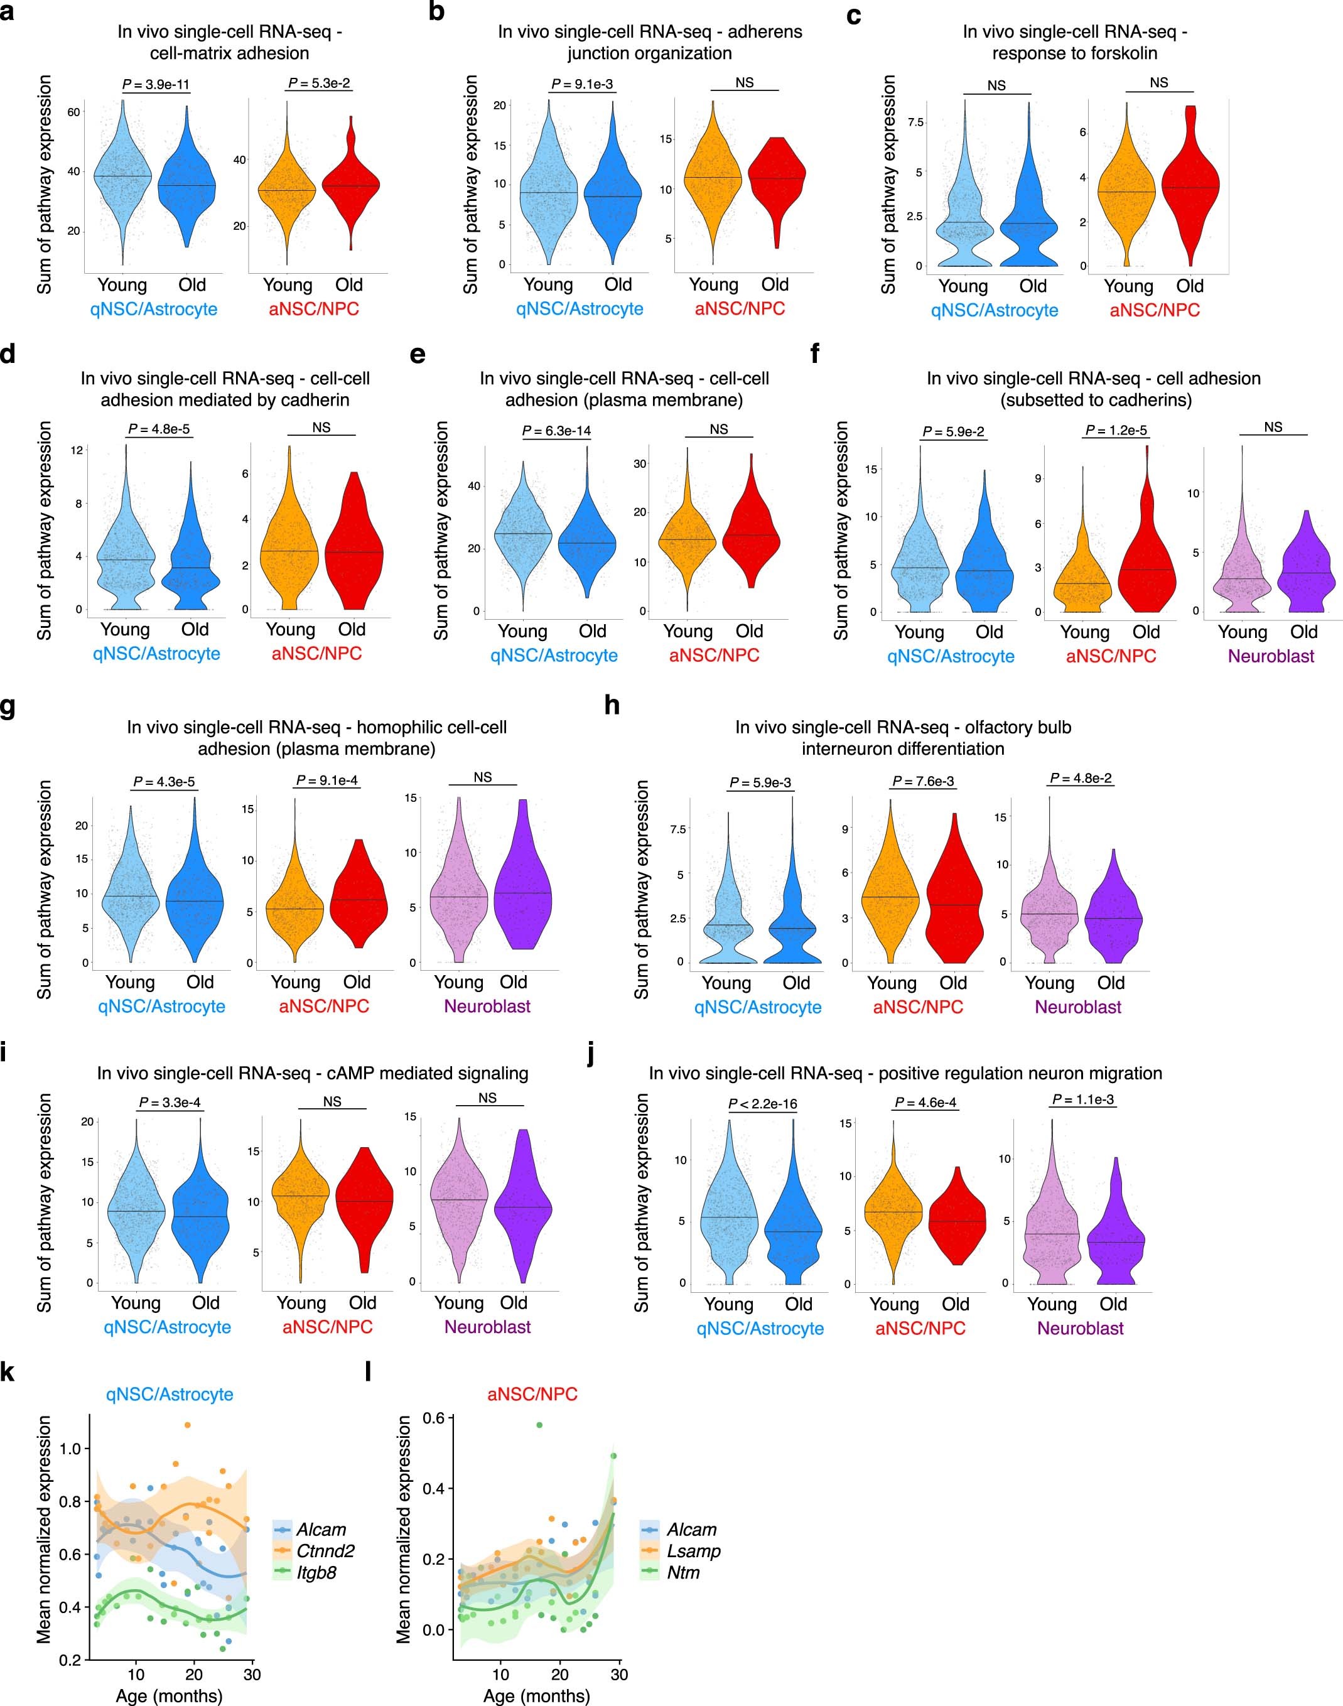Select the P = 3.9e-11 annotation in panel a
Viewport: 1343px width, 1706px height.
[x=156, y=84]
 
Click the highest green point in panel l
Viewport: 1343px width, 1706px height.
[x=539, y=1425]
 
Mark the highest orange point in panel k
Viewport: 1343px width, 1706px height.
[x=187, y=1425]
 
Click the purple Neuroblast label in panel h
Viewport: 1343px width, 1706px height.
[x=1077, y=1007]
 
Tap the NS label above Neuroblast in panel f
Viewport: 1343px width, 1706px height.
[x=1273, y=427]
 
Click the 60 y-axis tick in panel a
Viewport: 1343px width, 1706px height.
[x=73, y=112]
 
